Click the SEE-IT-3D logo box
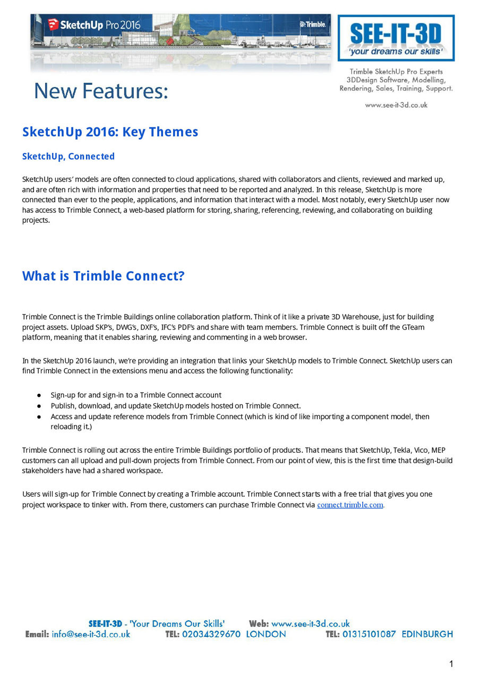396,38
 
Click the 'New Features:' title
101,91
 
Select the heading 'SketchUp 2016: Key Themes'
110,132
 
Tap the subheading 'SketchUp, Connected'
68,156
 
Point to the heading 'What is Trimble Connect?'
103,276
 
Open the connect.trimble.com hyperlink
350,505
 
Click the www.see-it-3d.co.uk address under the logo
396,105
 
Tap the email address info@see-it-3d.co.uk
91,634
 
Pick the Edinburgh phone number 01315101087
369,634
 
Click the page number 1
451,664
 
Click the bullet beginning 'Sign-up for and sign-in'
136,395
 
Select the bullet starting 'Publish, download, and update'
175,405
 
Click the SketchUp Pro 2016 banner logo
95,24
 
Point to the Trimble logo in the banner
313,24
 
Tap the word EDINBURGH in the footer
427,634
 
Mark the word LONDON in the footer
266,634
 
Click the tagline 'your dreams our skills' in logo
396,51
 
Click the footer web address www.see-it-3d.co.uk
310,624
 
